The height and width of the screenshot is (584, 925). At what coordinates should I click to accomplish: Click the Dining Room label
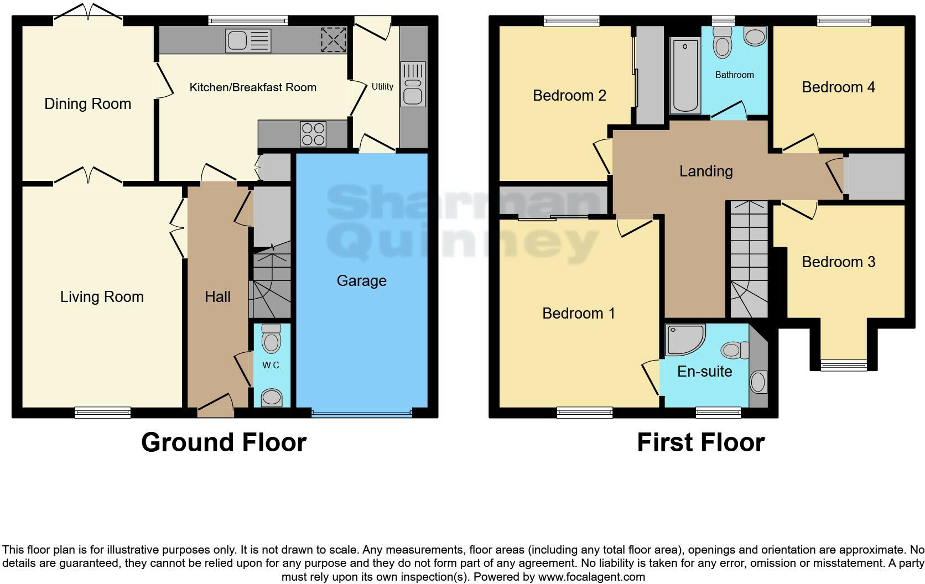click(87, 104)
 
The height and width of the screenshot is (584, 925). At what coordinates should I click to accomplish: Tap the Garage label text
click(361, 281)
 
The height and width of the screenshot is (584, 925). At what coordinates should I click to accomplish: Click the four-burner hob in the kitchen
click(313, 133)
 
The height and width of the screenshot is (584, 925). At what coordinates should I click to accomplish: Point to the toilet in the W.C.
click(271, 338)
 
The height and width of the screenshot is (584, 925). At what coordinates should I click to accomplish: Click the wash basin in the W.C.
click(271, 397)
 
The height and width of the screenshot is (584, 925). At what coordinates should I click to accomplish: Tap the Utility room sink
click(412, 92)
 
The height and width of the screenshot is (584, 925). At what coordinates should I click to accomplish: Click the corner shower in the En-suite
click(684, 339)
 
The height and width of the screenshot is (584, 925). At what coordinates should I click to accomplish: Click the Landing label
click(706, 171)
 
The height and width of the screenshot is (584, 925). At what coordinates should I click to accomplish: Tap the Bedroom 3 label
click(838, 262)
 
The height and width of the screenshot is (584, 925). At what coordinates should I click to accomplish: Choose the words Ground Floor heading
click(224, 442)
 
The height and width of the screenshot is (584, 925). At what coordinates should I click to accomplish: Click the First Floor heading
click(700, 442)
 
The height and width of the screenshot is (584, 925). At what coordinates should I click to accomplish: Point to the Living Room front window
click(103, 411)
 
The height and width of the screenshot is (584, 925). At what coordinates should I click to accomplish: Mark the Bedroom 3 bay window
click(843, 364)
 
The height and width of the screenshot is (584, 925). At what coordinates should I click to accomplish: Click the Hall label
click(217, 297)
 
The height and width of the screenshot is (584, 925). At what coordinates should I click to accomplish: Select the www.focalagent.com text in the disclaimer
click(591, 577)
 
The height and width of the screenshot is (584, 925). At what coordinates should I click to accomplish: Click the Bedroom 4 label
click(838, 87)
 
